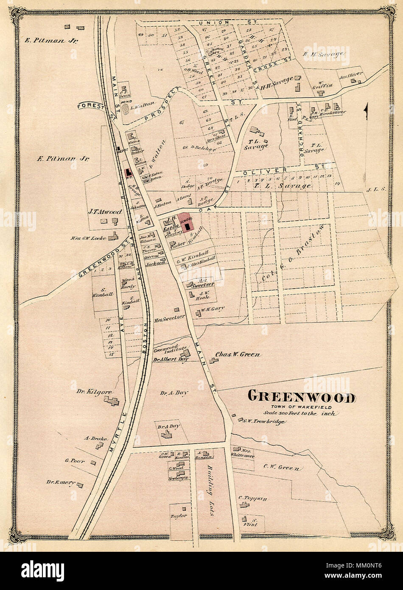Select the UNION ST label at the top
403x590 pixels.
pos(216,22)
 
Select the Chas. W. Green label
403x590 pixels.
pos(238,354)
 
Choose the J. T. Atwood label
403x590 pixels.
pos(105,211)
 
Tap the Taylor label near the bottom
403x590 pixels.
pos(179,516)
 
